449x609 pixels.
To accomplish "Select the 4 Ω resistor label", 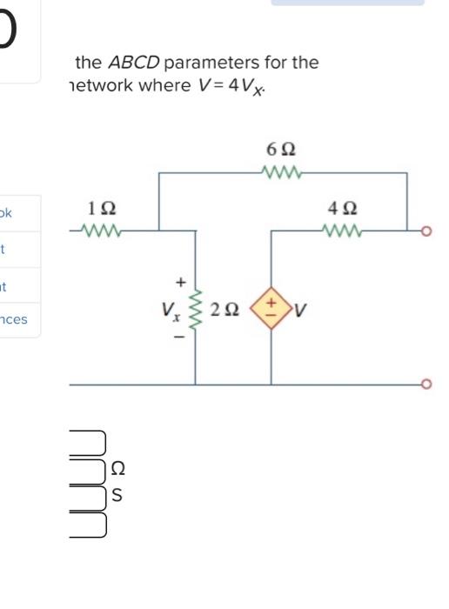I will (340, 209).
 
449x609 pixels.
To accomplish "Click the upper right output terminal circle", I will (426, 231).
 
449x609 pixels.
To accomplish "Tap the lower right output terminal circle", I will (426, 384).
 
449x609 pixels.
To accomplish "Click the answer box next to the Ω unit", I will (87, 471).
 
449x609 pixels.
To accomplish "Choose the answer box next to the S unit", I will (87, 498).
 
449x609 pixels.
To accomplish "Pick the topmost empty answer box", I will (87, 443).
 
